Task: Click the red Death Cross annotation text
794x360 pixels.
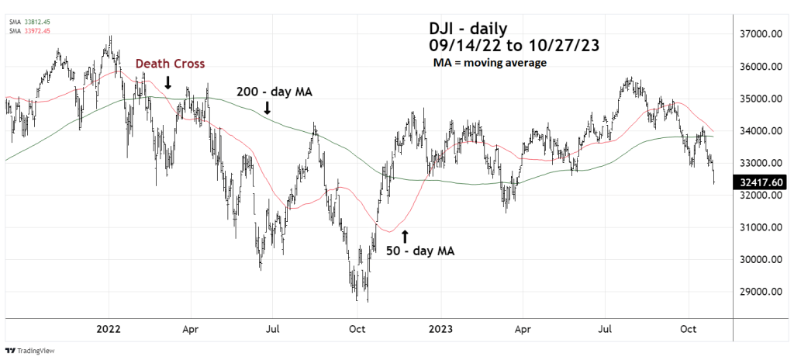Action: (x=171, y=64)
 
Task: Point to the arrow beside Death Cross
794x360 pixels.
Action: (x=168, y=82)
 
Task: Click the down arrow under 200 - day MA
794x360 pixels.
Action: (x=268, y=108)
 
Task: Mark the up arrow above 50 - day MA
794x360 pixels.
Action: (x=405, y=234)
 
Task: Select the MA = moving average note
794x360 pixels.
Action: (x=490, y=62)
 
